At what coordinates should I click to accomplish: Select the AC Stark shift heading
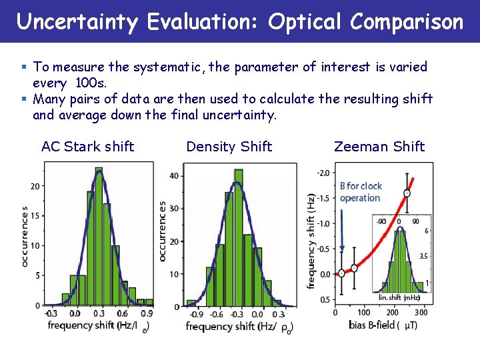tap(87, 147)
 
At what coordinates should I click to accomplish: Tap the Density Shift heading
tap(229, 147)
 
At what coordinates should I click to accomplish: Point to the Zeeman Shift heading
tap(379, 147)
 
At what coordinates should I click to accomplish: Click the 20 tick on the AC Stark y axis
tap(34, 186)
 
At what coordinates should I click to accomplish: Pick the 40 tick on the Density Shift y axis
tap(175, 175)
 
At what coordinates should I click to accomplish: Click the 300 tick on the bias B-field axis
tap(421, 312)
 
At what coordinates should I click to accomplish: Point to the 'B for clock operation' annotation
tap(360, 192)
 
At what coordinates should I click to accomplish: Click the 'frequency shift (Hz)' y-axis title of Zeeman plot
tap(311, 241)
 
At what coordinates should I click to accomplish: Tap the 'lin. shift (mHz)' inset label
tap(399, 298)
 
